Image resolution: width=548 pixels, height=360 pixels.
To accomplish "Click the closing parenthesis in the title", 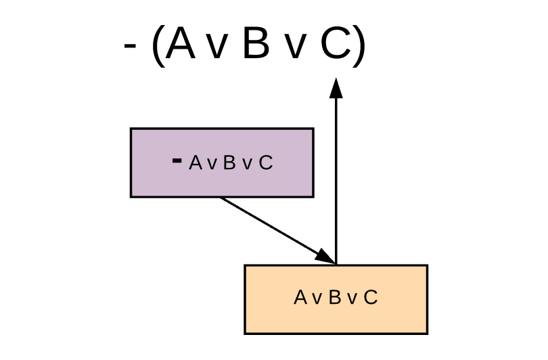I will pyautogui.click(x=359, y=47).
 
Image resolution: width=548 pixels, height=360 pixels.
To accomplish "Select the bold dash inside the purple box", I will pyautogui.click(x=177, y=160).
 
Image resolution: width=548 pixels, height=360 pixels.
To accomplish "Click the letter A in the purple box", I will pyautogui.click(x=196, y=163).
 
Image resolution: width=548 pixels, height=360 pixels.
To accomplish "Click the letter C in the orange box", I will pyautogui.click(x=370, y=298).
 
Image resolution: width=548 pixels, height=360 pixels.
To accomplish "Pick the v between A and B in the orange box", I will pyautogui.click(x=317, y=299).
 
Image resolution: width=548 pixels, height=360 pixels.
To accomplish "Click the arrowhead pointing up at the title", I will pyautogui.click(x=336, y=89).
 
